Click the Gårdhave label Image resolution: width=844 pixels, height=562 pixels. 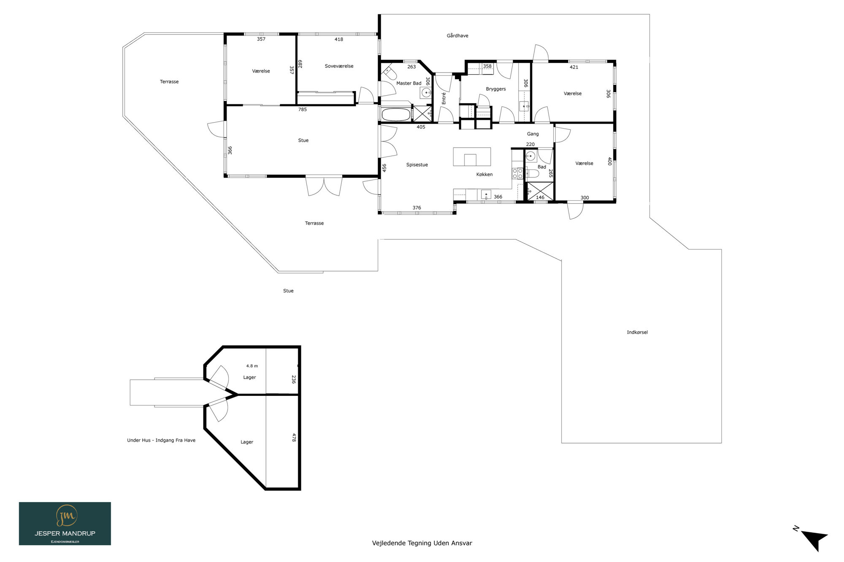(x=457, y=36)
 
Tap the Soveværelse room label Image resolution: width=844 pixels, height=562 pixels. (x=339, y=66)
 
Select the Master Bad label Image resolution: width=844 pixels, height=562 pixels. (x=408, y=83)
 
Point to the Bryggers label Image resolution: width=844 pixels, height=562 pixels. (x=496, y=89)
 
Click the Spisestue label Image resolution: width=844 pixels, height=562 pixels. (x=417, y=165)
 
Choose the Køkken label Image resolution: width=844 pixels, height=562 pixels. (x=484, y=175)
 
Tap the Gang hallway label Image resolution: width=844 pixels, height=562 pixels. (x=533, y=134)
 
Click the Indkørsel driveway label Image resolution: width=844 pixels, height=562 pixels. (x=637, y=332)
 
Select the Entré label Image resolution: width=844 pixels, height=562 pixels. (x=444, y=98)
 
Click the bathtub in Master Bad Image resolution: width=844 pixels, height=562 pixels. (x=396, y=115)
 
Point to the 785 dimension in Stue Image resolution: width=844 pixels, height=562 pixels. (x=303, y=110)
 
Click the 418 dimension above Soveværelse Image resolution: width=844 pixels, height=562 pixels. (x=339, y=40)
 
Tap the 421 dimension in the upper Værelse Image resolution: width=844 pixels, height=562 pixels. (x=574, y=67)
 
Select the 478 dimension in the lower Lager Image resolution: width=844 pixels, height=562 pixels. (x=294, y=438)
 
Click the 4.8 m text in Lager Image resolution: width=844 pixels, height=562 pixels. (x=252, y=366)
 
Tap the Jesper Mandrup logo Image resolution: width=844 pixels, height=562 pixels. (x=65, y=523)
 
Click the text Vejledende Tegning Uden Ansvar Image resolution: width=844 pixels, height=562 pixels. (x=422, y=543)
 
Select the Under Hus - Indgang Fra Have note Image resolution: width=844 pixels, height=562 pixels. (x=161, y=440)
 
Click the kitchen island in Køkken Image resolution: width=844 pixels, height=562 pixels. (x=472, y=157)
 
